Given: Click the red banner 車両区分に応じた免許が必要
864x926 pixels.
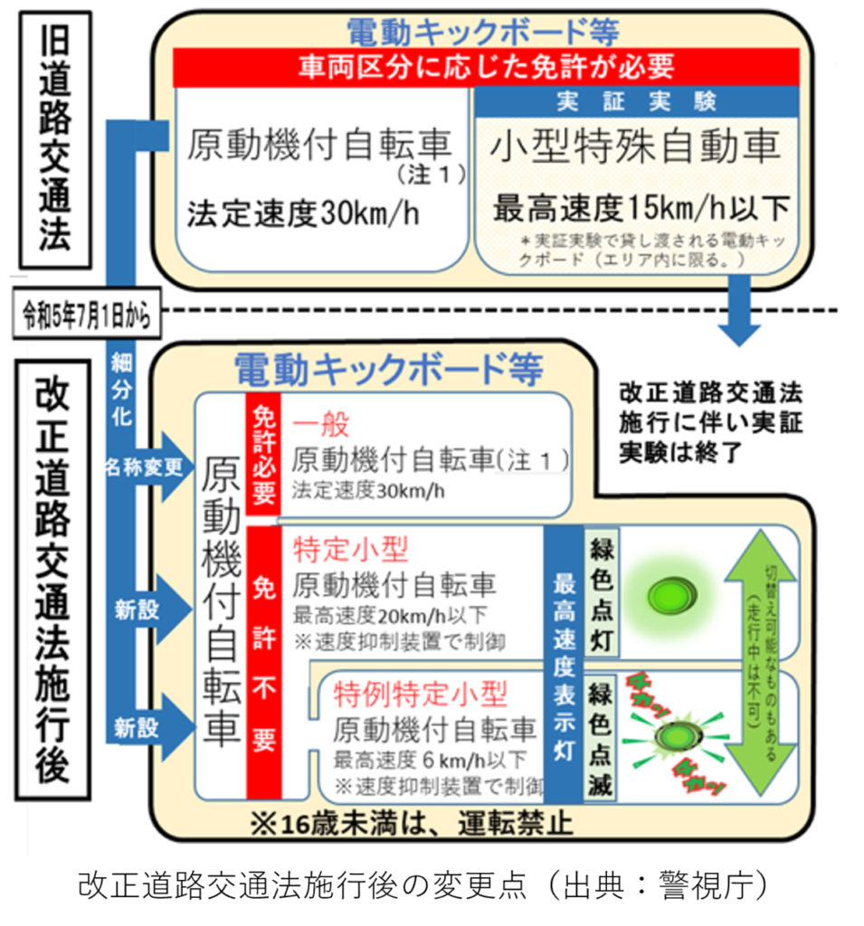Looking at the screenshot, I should [x=486, y=66].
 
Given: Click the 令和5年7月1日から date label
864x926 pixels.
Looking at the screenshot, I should [x=81, y=316].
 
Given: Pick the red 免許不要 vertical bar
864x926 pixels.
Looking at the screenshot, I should [x=263, y=665].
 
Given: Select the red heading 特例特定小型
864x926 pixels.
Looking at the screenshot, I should [x=421, y=694].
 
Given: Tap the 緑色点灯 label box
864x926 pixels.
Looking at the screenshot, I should [x=602, y=593].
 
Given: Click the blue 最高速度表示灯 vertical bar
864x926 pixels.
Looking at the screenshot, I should [x=564, y=665].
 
